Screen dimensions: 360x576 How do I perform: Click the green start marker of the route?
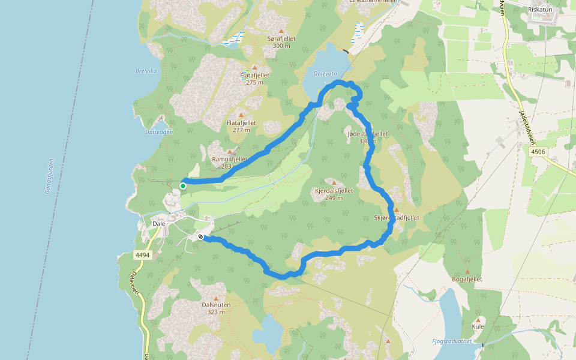pyautogui.click(x=183, y=186)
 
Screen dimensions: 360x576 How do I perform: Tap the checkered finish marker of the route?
pyautogui.click(x=200, y=237)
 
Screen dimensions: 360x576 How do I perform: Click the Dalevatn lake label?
pyautogui.click(x=325, y=74)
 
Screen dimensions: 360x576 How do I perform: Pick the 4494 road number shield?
pyautogui.click(x=142, y=255)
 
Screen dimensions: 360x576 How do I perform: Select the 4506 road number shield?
pyautogui.click(x=538, y=152)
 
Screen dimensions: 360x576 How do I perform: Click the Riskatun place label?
pyautogui.click(x=540, y=10)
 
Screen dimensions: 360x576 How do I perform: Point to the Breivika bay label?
pyautogui.click(x=146, y=71)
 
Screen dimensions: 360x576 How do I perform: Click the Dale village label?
pyautogui.click(x=159, y=223)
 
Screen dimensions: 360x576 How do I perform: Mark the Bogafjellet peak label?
pyautogui.click(x=467, y=279)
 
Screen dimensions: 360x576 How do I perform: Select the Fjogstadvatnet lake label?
pyautogui.click(x=452, y=341)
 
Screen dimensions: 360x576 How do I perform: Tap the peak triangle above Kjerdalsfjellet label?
pyautogui.click(x=334, y=182)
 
